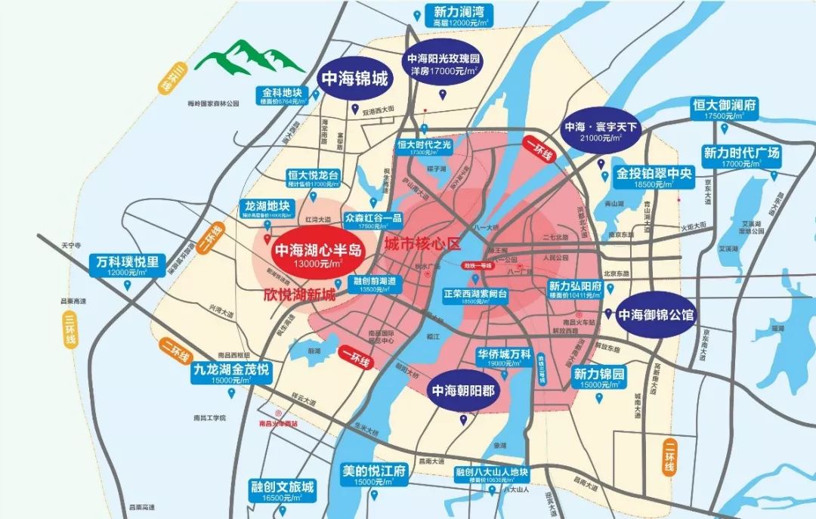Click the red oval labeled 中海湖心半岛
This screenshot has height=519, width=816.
click(x=318, y=255)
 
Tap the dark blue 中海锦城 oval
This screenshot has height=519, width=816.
click(x=355, y=79)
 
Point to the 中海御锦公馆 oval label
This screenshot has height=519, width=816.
click(x=656, y=313)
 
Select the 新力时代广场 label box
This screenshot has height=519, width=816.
click(x=740, y=158)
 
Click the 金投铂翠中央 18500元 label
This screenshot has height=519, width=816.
click(x=654, y=177)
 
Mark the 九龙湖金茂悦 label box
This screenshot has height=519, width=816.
click(x=230, y=375)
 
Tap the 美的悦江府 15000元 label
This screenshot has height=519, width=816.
click(x=375, y=475)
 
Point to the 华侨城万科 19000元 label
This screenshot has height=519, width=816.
click(x=504, y=357)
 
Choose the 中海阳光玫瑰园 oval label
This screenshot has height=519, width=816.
click(x=444, y=65)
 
